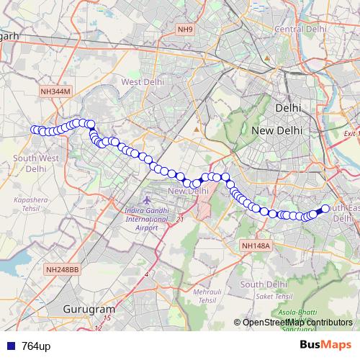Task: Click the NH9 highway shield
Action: point(186,30)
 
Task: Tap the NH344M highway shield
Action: point(56,91)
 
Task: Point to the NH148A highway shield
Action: point(255,246)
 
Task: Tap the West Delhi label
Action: point(141,82)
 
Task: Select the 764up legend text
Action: point(36,346)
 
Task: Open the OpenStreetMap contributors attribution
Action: point(297,322)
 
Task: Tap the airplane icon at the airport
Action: point(147,197)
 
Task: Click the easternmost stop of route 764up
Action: point(325,209)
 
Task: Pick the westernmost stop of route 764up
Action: point(33,130)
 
